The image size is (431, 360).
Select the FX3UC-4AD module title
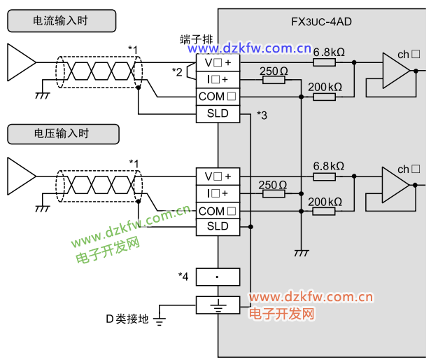coord(321,22)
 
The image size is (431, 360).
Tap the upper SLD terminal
coord(218,113)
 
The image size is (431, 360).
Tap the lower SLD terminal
coord(218,226)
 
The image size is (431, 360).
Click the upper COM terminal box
coord(218,97)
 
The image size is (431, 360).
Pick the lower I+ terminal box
coord(218,193)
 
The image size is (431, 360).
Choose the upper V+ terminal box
coord(218,62)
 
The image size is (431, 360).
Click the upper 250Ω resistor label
coord(274,71)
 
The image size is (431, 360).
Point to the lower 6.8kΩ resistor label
coord(329,166)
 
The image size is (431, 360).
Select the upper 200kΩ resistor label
coord(325,87)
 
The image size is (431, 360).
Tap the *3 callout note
coord(262,115)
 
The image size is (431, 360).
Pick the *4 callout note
coord(183,276)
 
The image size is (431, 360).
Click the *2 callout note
coord(177,71)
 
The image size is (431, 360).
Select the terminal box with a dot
coord(218,277)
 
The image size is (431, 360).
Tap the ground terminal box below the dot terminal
coord(218,305)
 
